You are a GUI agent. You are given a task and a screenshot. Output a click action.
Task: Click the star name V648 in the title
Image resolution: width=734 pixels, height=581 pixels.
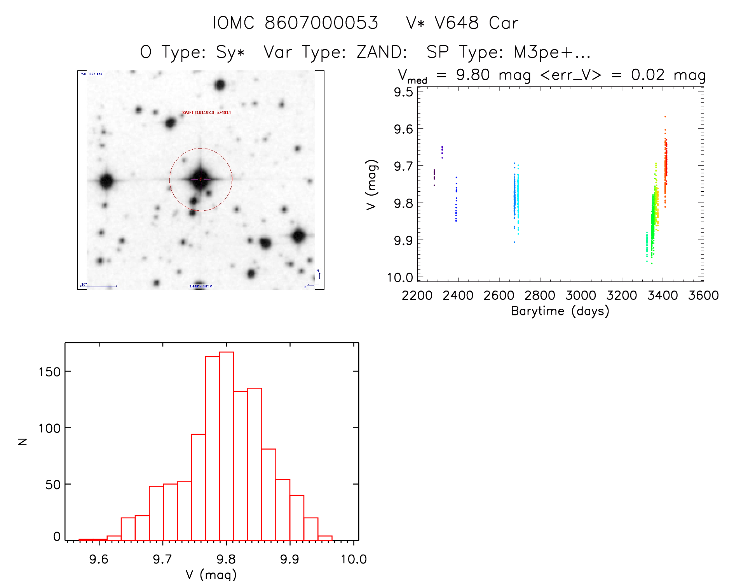457,23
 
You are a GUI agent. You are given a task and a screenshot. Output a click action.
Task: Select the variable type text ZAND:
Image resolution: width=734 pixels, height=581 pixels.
382,52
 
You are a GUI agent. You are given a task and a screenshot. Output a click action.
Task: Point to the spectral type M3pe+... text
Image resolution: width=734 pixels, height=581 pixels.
552,52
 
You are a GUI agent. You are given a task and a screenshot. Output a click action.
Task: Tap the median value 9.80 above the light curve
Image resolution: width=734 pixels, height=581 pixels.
472,75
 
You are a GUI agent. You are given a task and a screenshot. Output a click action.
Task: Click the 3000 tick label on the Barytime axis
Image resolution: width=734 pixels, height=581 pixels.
581,296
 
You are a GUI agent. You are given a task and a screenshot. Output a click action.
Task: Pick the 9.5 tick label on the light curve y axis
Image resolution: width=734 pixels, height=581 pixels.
403,92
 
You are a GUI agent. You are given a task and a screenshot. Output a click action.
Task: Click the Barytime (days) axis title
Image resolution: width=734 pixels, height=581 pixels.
560,311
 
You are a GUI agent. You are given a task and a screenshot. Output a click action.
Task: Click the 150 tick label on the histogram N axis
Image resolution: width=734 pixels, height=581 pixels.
49,372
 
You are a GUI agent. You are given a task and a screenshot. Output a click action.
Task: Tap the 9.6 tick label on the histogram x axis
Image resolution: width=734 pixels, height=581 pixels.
99,559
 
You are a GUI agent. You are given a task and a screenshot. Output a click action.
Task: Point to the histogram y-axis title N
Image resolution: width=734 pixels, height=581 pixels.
23,441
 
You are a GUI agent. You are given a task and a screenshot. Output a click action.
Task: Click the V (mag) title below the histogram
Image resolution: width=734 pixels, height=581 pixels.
211,574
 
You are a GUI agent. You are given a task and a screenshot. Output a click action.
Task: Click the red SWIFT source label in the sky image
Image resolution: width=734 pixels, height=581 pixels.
206,113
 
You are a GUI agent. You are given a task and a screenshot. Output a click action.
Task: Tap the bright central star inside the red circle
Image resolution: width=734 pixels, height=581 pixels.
200,178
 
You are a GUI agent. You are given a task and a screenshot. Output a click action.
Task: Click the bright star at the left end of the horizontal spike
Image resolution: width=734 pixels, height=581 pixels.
106,180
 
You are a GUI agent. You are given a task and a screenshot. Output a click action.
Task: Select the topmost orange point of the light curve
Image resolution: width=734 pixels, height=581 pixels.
665,117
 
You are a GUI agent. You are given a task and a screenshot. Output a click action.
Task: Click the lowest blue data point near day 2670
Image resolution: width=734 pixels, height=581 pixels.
514,242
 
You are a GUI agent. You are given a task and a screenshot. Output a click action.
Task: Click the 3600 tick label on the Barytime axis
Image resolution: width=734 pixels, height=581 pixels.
703,296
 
